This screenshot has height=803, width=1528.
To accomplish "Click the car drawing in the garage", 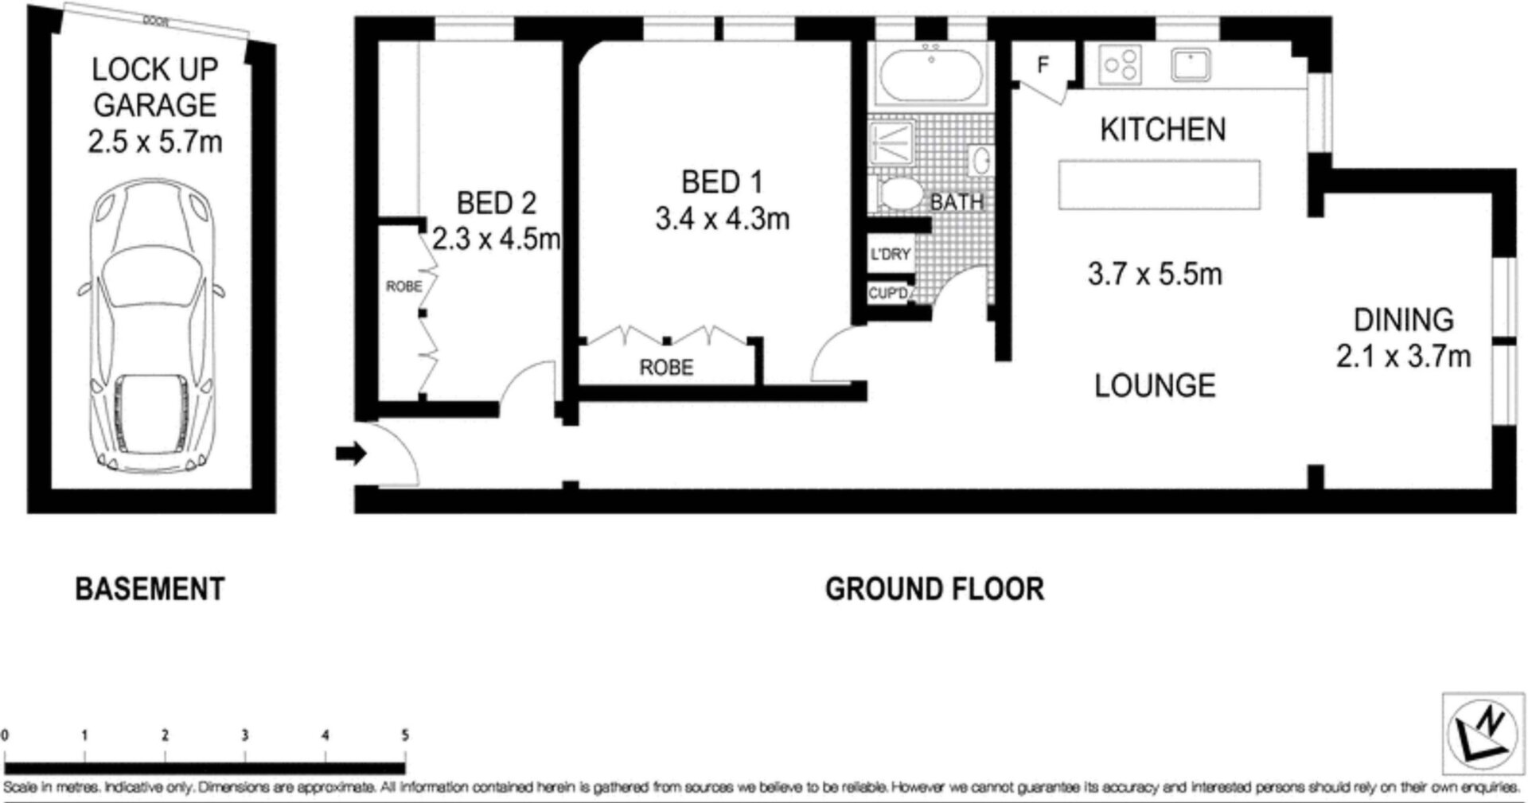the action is (x=151, y=327).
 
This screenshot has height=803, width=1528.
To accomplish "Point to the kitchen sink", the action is (x=1190, y=64).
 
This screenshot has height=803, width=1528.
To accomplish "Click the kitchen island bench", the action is (x=1160, y=185).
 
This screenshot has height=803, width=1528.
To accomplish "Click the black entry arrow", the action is (x=350, y=454).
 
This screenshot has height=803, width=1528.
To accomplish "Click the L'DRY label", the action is (x=891, y=255).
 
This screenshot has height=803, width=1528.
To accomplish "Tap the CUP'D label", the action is (x=888, y=294).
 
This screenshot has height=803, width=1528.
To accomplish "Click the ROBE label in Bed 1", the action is (x=666, y=368).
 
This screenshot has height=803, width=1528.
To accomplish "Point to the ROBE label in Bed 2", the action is (x=403, y=287).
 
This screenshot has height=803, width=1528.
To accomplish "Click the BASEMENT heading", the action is (x=150, y=590).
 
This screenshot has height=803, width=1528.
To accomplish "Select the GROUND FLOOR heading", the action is (x=934, y=590).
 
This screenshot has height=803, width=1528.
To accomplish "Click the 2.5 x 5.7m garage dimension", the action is (x=154, y=142).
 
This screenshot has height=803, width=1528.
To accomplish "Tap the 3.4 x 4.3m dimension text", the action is (x=722, y=218).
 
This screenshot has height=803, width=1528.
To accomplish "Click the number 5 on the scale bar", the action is (x=404, y=735).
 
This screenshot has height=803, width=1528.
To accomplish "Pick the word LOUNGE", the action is (x=1155, y=386).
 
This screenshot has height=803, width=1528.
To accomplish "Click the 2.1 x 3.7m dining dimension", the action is (x=1403, y=356).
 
